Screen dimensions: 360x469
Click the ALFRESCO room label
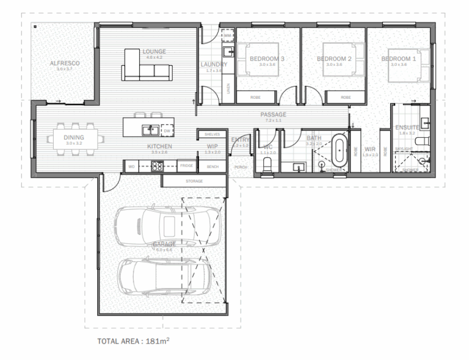[64, 63]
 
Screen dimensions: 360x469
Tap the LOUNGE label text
[155, 51]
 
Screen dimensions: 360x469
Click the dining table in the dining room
[74, 138]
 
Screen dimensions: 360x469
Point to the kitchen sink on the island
[148, 129]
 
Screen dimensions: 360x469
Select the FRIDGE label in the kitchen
[187, 165]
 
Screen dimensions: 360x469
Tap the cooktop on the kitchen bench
[157, 165]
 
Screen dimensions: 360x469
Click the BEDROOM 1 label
[398, 59]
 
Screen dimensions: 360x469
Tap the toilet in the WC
[266, 165]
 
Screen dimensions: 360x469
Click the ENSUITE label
[407, 127]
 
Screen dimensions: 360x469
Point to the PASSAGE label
[273, 114]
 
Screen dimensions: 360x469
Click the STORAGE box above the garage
[194, 181]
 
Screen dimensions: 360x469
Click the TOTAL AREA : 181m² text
[133, 340]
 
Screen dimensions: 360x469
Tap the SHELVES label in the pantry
[212, 134]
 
